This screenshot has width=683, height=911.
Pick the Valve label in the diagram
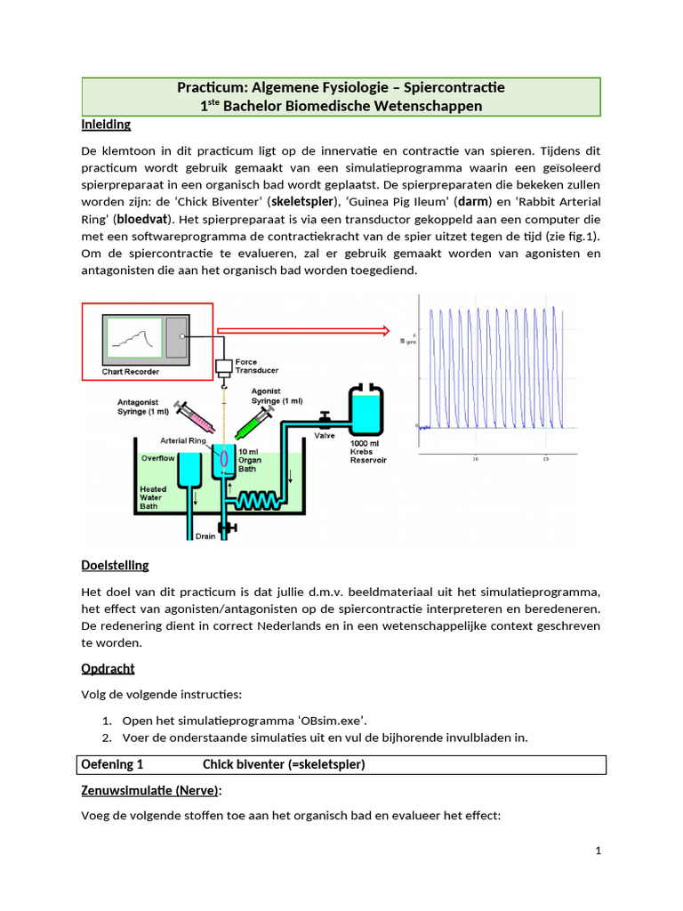(x=325, y=437)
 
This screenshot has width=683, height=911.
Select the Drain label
(x=205, y=536)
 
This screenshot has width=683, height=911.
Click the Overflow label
(x=159, y=457)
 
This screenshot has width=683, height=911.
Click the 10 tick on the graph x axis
(x=476, y=460)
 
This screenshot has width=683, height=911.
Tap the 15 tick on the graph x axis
(x=544, y=460)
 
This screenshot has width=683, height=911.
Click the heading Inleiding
(x=106, y=125)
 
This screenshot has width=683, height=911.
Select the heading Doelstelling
(x=115, y=565)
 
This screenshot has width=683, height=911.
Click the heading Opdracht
(x=108, y=668)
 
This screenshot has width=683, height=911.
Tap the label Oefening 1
(x=112, y=764)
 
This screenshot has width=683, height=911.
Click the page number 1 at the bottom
(x=599, y=851)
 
